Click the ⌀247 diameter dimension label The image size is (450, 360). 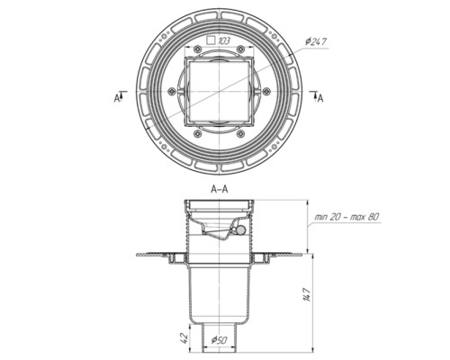(316, 41)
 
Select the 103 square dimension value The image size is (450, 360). (223, 40)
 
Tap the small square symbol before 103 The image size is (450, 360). (211, 40)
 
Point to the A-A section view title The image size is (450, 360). (220, 189)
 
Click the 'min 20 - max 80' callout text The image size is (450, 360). (346, 217)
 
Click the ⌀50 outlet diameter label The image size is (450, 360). (220, 340)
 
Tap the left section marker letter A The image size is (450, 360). (117, 98)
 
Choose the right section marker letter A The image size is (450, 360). (320, 98)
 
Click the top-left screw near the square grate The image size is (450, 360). (197, 49)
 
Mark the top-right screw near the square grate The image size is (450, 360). (240, 49)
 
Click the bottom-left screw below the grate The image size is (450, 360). (197, 134)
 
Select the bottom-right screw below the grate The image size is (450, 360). (240, 134)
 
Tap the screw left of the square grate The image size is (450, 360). (172, 91)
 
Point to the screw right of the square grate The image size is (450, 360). (266, 91)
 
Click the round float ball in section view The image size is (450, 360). (241, 230)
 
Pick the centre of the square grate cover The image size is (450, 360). (219, 92)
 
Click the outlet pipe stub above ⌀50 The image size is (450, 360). (220, 337)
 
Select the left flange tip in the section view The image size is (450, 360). (138, 255)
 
